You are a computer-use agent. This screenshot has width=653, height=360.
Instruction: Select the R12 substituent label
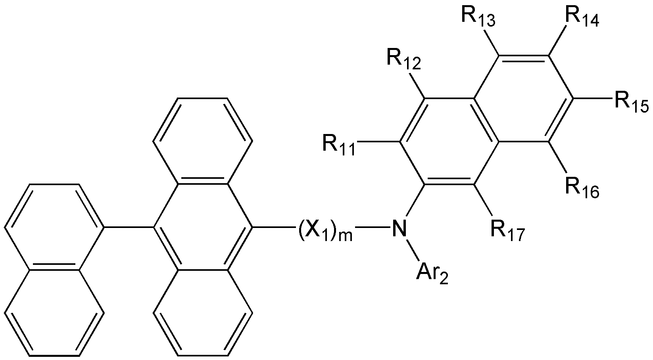coord(404,59)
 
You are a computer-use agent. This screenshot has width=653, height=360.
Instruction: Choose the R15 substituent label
coord(632,101)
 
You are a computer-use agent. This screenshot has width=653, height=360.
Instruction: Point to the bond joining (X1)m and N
coord(371,227)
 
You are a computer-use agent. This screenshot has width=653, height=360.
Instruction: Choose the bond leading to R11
coord(379,142)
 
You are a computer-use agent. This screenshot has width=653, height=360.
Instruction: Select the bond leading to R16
coord(557,157)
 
